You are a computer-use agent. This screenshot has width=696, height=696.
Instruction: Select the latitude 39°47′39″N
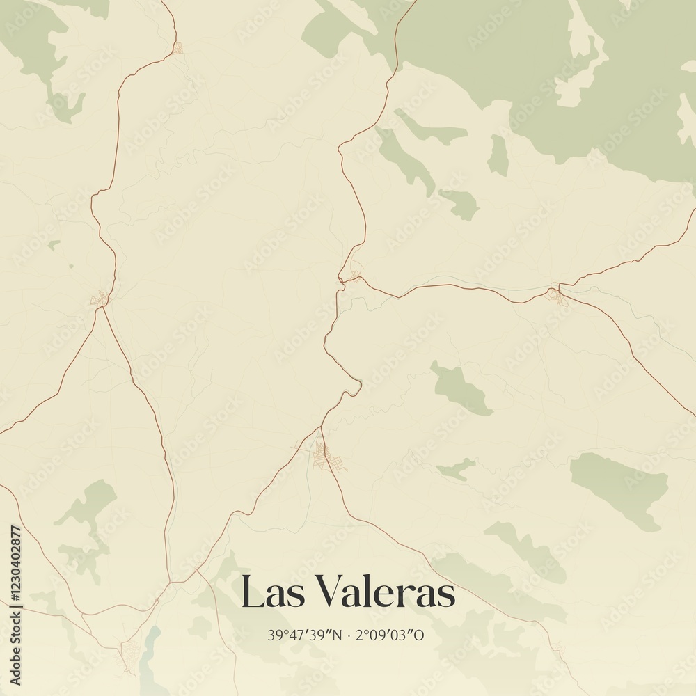pos(304,635)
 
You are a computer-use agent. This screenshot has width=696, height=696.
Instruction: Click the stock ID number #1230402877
pos(15,562)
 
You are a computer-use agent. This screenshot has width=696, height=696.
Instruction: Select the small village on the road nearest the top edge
pos(177,48)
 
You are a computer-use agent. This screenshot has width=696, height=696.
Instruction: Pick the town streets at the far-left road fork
pos(100,299)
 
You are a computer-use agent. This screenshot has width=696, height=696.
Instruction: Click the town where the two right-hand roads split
pos(556,294)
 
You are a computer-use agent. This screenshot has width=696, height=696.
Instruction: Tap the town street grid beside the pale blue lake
pos(130,654)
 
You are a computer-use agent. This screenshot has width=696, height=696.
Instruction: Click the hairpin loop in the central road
pos(356,383)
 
